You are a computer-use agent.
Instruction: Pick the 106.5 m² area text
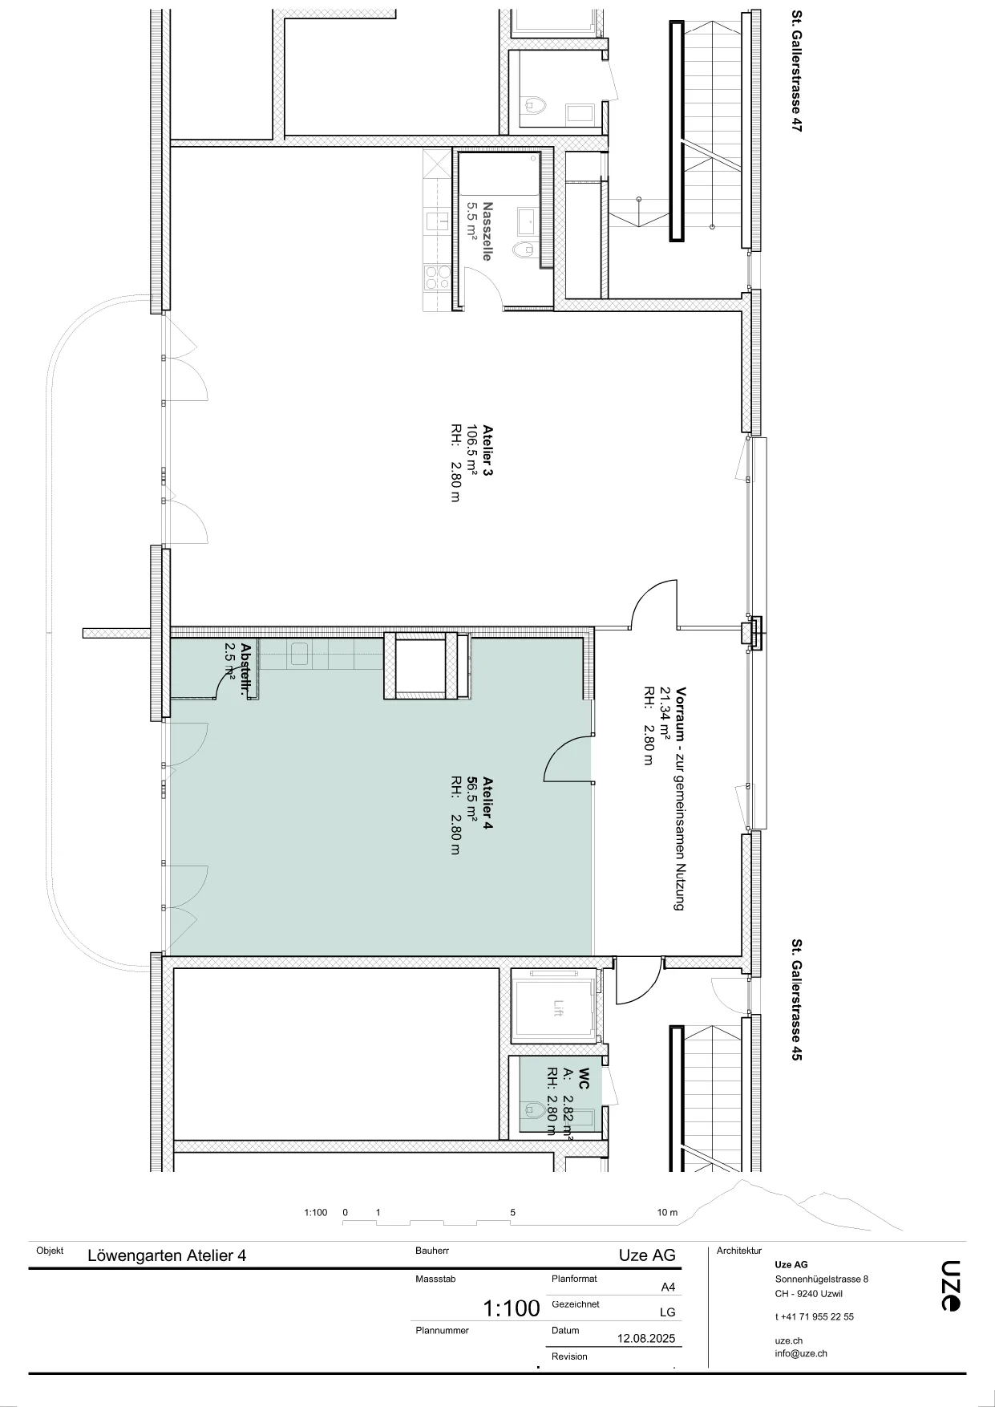click(472, 451)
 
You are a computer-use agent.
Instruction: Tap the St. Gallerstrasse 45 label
click(797, 999)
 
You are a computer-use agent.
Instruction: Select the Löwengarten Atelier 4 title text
click(167, 1255)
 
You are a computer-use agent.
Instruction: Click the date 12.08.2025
click(646, 1338)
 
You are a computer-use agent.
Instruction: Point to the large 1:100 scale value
click(512, 1309)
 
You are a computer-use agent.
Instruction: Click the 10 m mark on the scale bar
click(667, 1213)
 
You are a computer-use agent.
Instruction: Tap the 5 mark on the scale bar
click(513, 1213)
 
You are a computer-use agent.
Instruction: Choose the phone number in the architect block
click(815, 1316)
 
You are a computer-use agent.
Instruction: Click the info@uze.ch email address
click(801, 1353)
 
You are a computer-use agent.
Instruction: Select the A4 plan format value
click(668, 1287)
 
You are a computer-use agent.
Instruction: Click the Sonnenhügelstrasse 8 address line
click(822, 1279)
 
